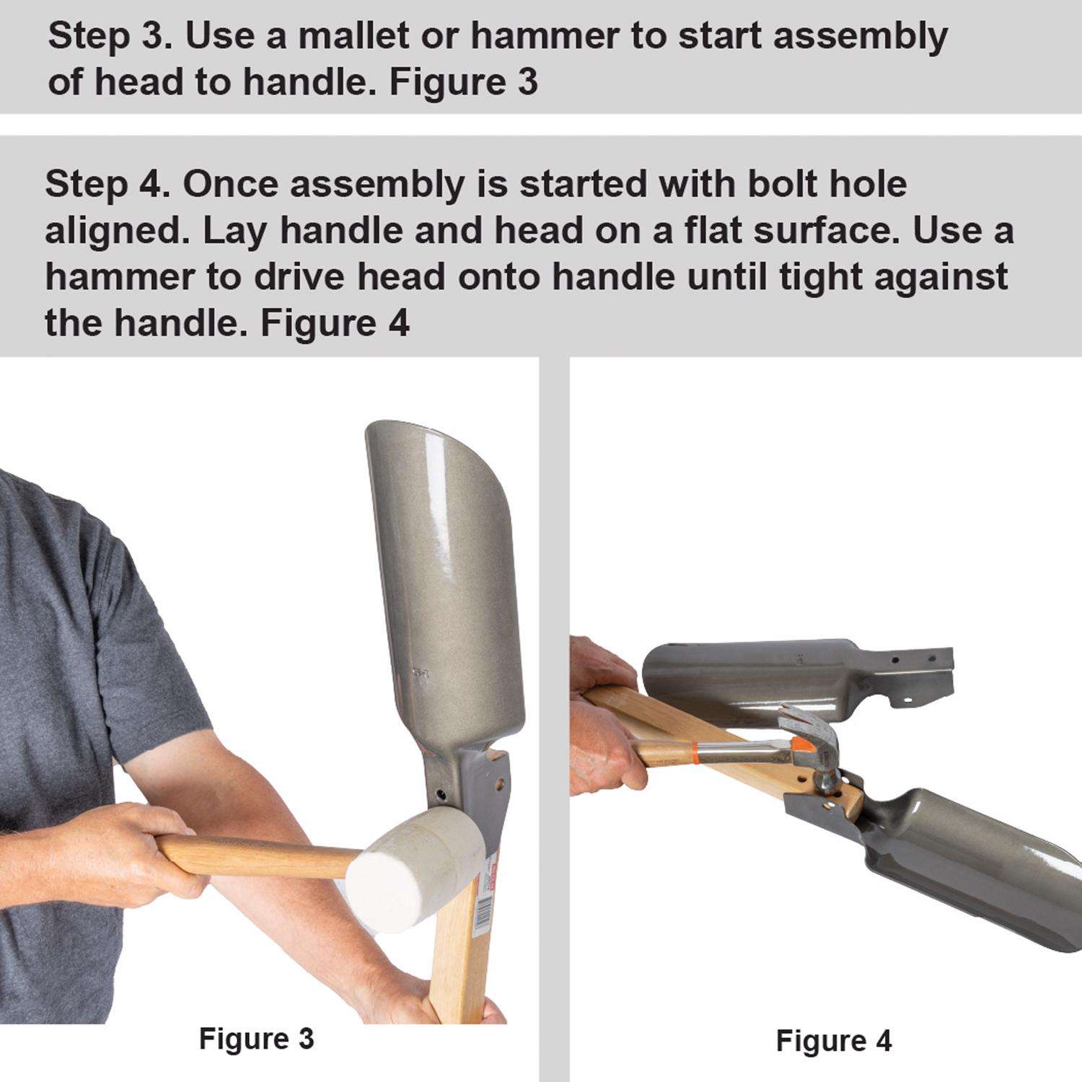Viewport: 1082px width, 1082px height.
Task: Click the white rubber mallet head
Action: [x=419, y=872]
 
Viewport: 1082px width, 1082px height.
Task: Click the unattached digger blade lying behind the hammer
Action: [x=797, y=677]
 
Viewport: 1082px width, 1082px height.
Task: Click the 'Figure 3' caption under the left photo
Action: [x=256, y=1039]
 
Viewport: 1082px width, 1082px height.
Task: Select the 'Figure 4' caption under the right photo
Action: [x=834, y=1040]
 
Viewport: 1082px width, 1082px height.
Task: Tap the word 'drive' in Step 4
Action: [x=301, y=278]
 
